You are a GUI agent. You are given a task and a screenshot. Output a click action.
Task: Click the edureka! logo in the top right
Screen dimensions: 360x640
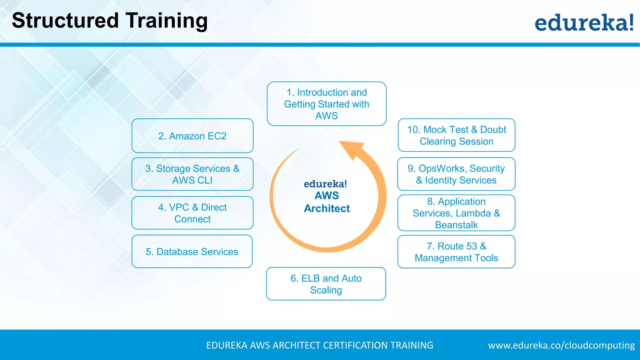pos(584,22)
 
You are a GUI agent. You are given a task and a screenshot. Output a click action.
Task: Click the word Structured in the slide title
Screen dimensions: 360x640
pos(65,21)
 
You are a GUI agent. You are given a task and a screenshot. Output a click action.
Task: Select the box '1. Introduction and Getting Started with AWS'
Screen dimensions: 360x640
pos(327,104)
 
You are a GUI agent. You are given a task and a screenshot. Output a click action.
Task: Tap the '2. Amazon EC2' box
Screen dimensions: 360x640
pos(192,136)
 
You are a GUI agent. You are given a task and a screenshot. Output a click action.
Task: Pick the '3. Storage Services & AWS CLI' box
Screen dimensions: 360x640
pos(192,174)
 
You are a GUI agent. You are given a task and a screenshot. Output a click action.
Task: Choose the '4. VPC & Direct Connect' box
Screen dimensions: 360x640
pos(192,213)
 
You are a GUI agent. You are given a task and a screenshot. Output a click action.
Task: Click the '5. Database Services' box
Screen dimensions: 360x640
pos(192,252)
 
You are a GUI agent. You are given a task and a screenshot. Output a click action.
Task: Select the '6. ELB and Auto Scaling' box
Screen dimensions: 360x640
pos(326,284)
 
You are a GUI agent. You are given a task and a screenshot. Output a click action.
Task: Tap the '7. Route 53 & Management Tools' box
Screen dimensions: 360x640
pos(456,252)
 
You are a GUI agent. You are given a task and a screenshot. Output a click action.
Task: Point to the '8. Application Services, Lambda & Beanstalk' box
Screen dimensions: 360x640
pos(456,213)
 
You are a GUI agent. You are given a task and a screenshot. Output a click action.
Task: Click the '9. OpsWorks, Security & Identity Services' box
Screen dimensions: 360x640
pos(456,174)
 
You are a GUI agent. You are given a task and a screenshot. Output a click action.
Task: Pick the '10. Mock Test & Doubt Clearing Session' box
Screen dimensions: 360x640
pos(456,135)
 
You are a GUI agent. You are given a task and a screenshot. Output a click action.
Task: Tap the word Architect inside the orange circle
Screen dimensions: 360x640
pos(327,208)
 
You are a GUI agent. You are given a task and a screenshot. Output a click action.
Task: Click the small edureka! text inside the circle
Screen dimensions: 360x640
pos(325,184)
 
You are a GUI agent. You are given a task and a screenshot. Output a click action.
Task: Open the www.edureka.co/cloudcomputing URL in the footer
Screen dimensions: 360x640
pos(561,345)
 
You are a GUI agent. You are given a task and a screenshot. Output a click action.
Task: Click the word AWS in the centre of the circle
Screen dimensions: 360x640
pos(327,196)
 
